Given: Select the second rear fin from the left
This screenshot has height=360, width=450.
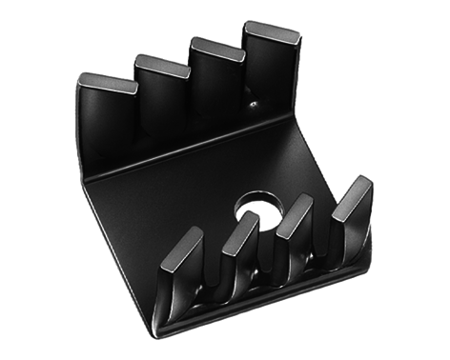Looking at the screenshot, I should pos(161,68).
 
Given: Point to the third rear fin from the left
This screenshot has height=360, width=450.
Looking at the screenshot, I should pos(216,50).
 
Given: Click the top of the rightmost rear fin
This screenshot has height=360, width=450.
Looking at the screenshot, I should pos(271,33).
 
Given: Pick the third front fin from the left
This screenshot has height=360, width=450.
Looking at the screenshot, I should pos(298,209).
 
